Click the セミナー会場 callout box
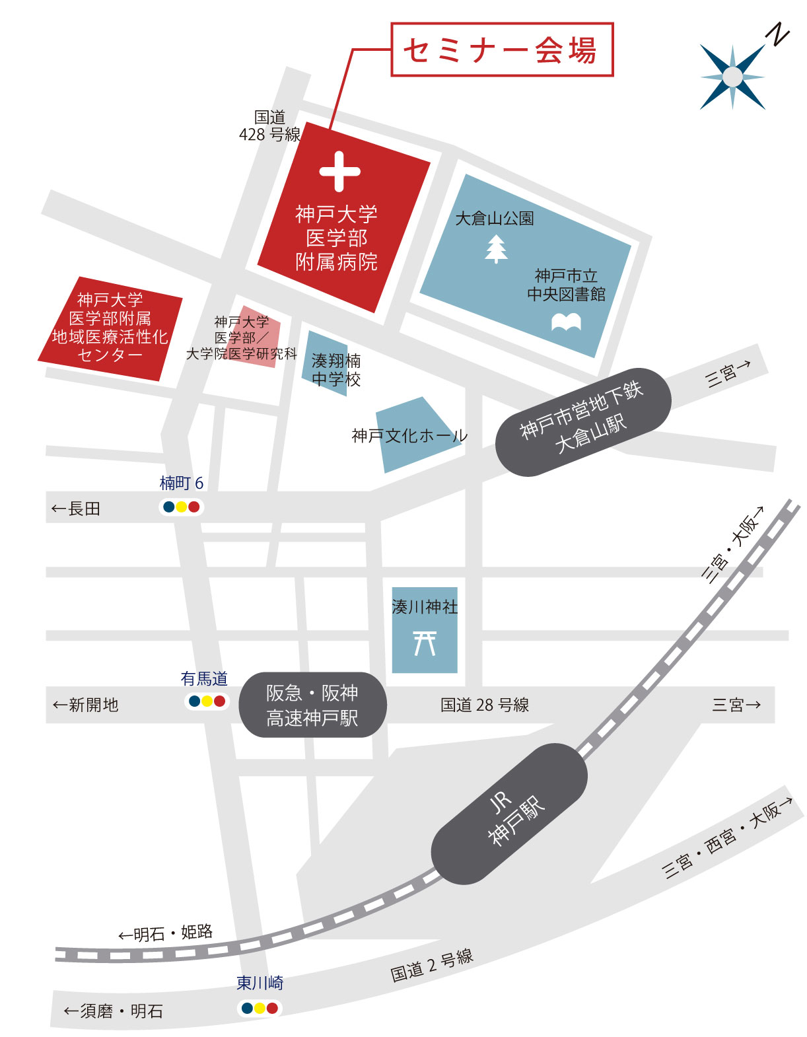[x=502, y=50]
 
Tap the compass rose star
[x=732, y=77]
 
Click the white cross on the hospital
[x=339, y=172]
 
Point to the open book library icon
[x=566, y=322]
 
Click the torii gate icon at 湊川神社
[x=425, y=643]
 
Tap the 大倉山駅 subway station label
[x=583, y=421]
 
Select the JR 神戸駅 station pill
[x=509, y=814]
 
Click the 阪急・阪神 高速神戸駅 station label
[x=312, y=705]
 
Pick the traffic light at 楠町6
[x=182, y=507]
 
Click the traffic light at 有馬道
[x=207, y=701]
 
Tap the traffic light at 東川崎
[x=260, y=1008]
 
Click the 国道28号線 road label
[x=485, y=705]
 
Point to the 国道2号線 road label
[x=432, y=965]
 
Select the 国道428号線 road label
[x=269, y=125]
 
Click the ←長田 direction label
[x=76, y=509]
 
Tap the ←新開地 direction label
[x=86, y=705]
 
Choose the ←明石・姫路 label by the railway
[x=166, y=933]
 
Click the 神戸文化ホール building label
[x=409, y=436]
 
